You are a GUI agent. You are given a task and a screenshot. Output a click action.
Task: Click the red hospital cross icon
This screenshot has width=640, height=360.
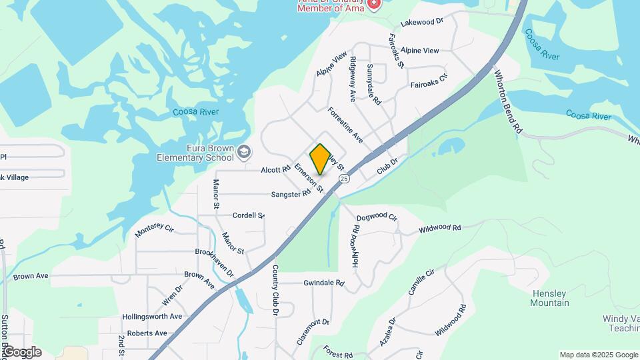(x=374, y=4)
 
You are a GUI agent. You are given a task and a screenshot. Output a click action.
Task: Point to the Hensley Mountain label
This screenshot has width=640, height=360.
(x=550, y=298)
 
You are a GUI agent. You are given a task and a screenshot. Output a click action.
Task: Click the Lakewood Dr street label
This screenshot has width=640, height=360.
(x=422, y=22)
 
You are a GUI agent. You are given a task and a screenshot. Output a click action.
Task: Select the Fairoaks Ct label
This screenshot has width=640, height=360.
(x=429, y=85)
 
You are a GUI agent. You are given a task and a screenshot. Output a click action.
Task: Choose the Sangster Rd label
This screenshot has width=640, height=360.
(x=291, y=194)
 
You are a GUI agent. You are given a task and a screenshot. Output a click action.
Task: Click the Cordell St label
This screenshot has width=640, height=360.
(x=249, y=215)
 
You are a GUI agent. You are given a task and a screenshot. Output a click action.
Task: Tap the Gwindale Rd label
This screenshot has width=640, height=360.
(x=323, y=283)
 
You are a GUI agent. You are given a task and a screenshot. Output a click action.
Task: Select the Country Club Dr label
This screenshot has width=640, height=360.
(x=274, y=289)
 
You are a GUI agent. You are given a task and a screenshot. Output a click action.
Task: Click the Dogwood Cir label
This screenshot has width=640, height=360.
(x=377, y=217)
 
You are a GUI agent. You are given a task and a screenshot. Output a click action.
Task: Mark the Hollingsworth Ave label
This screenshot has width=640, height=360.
(x=152, y=317)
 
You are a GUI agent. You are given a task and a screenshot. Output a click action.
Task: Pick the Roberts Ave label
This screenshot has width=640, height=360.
(x=147, y=333)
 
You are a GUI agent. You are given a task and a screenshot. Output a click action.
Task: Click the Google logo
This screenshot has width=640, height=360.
(x=22, y=352)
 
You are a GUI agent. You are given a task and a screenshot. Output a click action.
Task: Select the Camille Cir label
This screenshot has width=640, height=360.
(x=421, y=282)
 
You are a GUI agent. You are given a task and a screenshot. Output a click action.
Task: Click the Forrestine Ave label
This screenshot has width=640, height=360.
(x=345, y=125)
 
